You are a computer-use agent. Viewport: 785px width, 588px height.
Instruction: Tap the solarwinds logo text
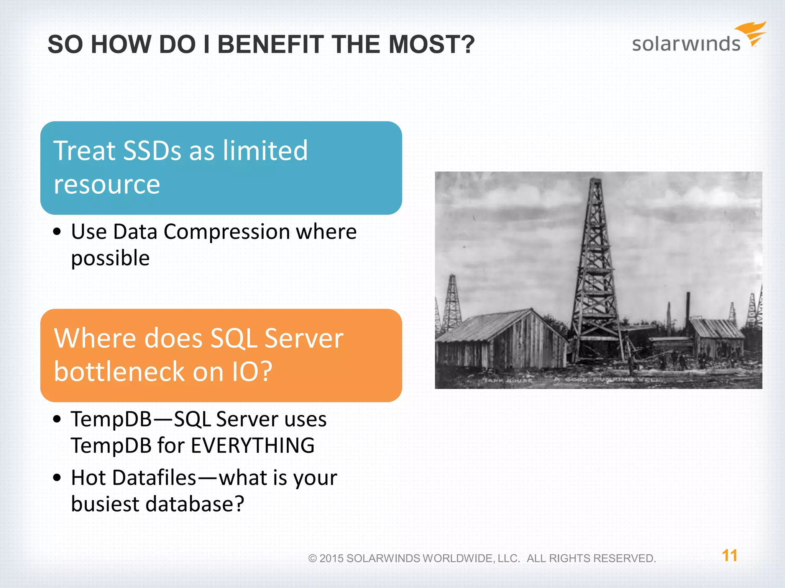pos(686,44)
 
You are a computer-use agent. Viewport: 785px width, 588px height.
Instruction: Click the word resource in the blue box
pos(107,185)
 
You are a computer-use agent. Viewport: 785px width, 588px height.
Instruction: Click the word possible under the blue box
pos(110,258)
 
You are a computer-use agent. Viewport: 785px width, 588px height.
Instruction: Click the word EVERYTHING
pos(253,446)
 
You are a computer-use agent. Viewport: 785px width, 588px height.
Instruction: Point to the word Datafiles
pos(154,478)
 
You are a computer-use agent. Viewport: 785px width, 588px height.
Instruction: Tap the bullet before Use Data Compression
pos(57,232)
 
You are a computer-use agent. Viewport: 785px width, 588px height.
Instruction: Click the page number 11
pos(729,555)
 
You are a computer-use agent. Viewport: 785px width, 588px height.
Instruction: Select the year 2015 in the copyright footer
pos(331,559)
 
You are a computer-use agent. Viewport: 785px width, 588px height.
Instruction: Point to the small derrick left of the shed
pos(452,302)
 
